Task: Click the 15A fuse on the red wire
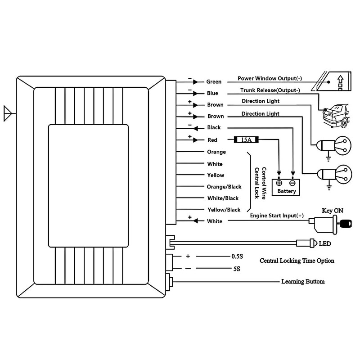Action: click(x=246, y=139)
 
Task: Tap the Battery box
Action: click(x=286, y=187)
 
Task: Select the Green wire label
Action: click(x=214, y=82)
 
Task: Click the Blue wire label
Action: click(x=212, y=93)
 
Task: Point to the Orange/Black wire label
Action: click(x=224, y=187)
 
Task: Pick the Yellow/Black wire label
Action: click(x=224, y=210)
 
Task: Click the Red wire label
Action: click(x=212, y=140)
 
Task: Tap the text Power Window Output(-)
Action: click(x=270, y=78)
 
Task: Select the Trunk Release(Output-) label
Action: click(x=270, y=90)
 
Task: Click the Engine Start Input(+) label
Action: click(x=277, y=216)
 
